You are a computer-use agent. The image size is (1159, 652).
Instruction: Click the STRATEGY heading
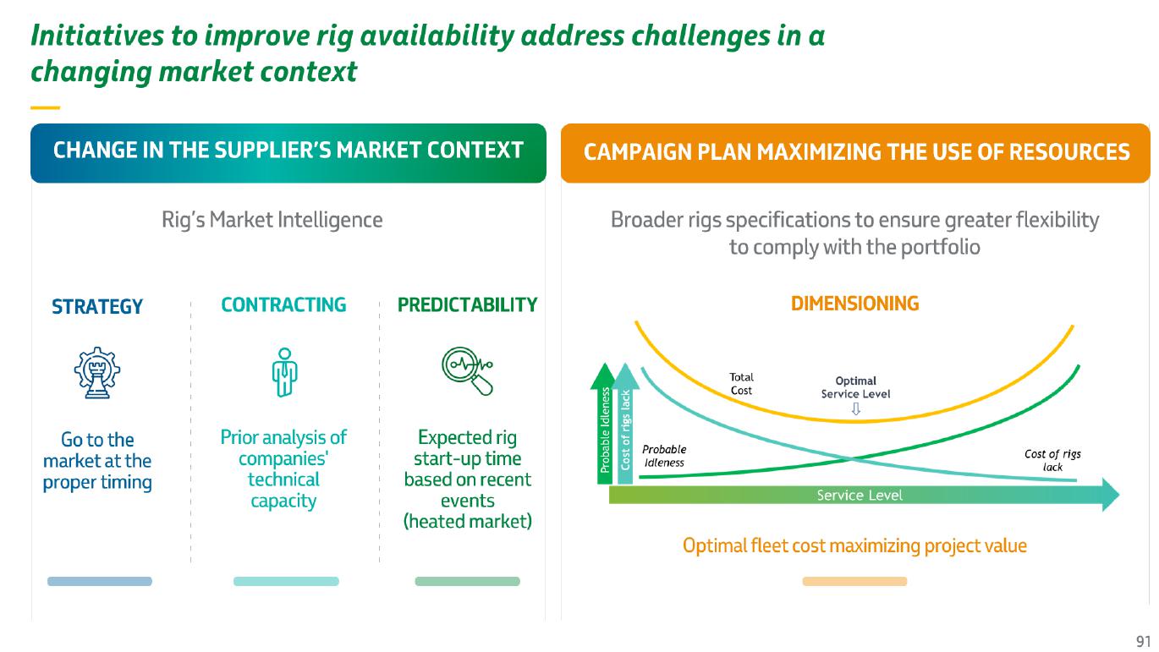97,307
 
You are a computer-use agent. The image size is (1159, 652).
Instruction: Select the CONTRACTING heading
283,304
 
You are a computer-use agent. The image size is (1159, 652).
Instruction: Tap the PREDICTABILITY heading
467,304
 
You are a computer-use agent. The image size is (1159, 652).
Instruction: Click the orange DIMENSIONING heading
854,304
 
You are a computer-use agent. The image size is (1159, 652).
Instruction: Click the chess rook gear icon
97,372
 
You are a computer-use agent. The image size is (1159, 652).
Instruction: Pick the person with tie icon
284,372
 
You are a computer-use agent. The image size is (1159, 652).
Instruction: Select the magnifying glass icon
468,370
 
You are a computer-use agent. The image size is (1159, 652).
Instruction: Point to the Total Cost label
741,384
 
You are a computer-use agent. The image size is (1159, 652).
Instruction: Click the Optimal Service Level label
855,387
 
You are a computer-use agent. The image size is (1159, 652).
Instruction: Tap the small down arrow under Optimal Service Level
856,409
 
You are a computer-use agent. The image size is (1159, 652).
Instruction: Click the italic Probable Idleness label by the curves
664,456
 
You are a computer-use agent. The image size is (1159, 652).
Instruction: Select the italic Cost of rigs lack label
1052,460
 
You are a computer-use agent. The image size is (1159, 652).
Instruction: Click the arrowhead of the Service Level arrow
1111,495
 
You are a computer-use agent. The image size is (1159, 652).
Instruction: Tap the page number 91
1143,641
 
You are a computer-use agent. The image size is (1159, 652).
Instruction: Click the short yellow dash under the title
46,107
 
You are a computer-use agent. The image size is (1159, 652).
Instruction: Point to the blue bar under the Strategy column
100,581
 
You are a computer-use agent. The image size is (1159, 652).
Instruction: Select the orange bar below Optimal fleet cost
854,581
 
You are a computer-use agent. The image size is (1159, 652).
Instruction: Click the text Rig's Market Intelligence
272,220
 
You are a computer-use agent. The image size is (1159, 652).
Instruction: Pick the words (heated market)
467,521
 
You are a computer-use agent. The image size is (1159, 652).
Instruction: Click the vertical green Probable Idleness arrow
604,424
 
